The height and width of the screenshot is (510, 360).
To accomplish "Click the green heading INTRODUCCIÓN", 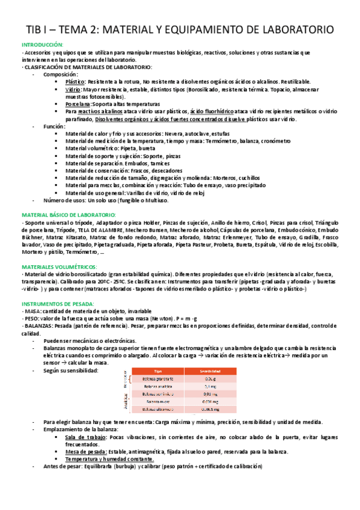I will (42, 45).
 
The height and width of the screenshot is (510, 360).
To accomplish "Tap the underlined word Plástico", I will (75, 81).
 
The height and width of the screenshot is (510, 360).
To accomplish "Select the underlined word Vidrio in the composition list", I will (73, 89).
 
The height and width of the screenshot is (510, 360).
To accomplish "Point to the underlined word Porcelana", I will (78, 104).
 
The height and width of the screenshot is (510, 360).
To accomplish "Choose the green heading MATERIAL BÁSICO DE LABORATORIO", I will (68, 215).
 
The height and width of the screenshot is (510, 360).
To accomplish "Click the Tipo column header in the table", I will (159, 370).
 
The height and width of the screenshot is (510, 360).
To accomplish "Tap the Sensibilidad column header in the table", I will (210, 370).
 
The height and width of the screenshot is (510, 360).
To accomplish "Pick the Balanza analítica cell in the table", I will (159, 386).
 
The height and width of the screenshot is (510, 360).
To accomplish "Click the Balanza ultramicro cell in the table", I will (159, 409).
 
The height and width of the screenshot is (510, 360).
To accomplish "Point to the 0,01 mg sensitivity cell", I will (210, 394).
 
